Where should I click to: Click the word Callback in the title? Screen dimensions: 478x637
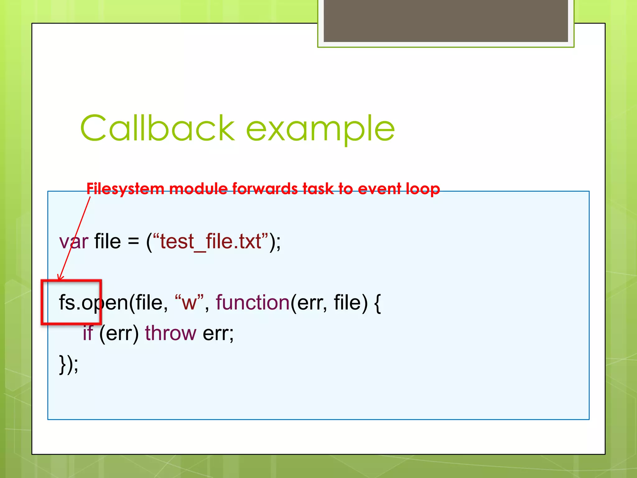pos(157,128)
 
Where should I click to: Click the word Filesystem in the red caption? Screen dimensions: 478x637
pos(125,189)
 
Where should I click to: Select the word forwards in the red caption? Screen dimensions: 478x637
pos(265,189)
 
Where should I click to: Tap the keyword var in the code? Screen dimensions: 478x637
pos(74,241)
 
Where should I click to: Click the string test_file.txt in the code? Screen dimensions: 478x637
pos(211,241)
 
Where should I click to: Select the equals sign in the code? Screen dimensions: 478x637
pos(133,241)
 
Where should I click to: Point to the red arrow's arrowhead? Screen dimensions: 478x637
pos(60,278)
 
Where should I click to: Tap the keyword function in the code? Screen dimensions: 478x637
pos(253,302)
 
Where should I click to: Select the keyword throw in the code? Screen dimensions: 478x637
pos(170,333)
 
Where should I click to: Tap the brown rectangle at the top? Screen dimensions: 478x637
pos(445,21)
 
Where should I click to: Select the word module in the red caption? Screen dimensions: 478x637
pos(198,189)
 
